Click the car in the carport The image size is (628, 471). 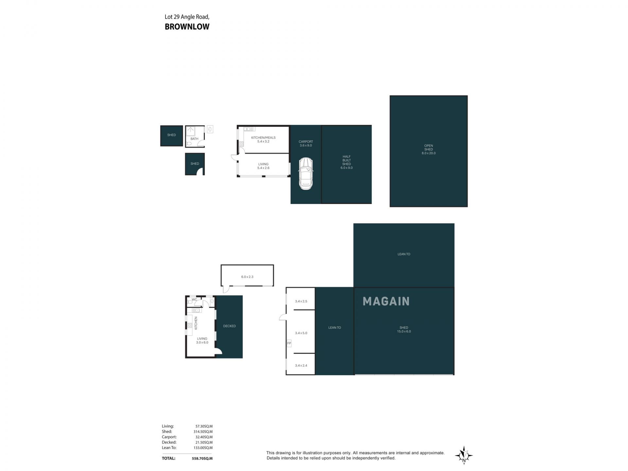coord(306,174)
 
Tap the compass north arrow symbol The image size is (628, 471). coord(464,455)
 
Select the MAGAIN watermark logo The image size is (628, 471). coord(386,301)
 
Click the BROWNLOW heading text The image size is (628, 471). coord(187,27)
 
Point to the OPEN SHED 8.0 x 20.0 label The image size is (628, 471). coord(428,149)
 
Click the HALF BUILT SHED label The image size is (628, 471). coord(346,162)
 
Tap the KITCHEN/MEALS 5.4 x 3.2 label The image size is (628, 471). coord(263,140)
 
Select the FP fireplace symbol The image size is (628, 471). coord(289,343)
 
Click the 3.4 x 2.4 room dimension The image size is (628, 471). coord(301,365)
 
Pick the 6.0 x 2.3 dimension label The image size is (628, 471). coord(247,277)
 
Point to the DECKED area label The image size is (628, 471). coord(229,326)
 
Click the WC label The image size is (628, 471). coord(194,300)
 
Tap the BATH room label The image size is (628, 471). coord(194,139)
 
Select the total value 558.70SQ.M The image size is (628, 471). coord(202,459)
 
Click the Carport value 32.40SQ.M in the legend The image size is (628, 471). coord(204,437)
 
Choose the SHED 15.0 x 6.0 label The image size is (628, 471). coord(404,329)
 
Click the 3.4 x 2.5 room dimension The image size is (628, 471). coord(301,301)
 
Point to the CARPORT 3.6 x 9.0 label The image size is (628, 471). coord(306,144)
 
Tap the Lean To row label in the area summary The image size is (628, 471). coord(169,448)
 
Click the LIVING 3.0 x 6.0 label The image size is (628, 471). coord(202,340)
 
